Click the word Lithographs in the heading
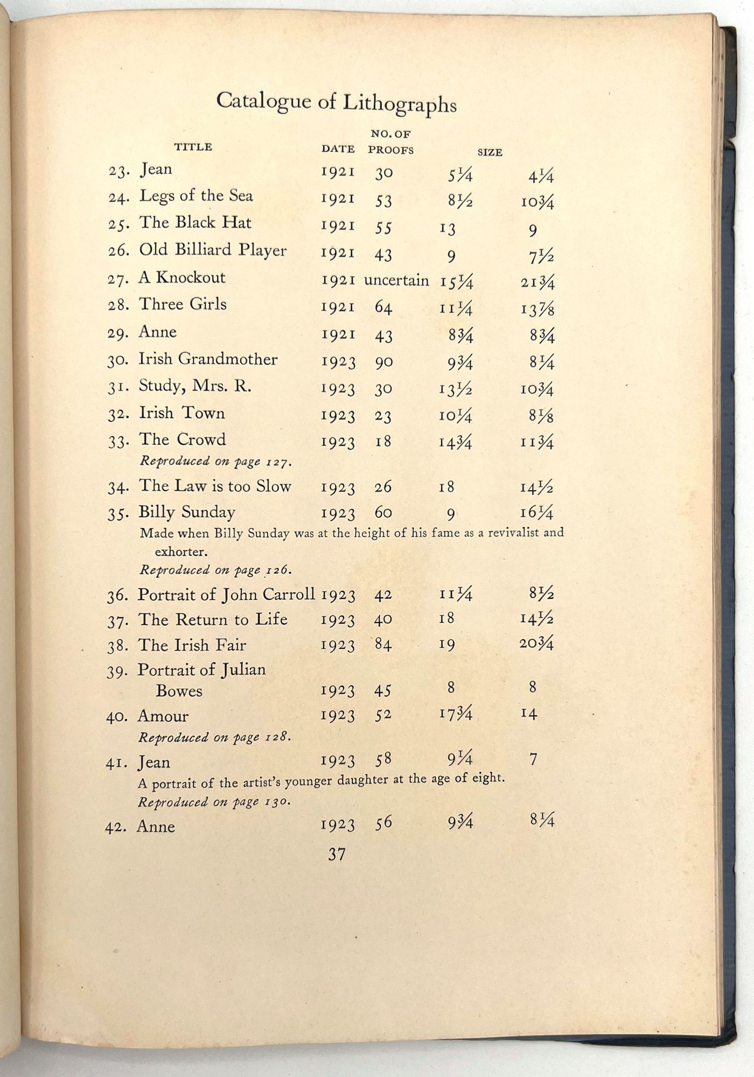pyautogui.click(x=400, y=103)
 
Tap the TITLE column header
pyautogui.click(x=193, y=147)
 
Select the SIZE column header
pyautogui.click(x=490, y=152)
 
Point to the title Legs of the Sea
pyautogui.click(x=196, y=196)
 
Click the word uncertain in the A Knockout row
pyautogui.click(x=396, y=281)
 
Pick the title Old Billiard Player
pyautogui.click(x=213, y=250)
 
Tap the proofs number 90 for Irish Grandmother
pyautogui.click(x=383, y=362)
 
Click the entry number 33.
pyautogui.click(x=117, y=442)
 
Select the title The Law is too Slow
pyautogui.click(x=215, y=486)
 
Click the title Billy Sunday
pyautogui.click(x=186, y=512)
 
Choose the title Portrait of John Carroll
pyautogui.click(x=226, y=595)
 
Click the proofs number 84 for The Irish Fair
pyautogui.click(x=383, y=644)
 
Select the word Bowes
pyautogui.click(x=179, y=691)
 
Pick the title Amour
pyautogui.click(x=163, y=716)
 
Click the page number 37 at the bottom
pyautogui.click(x=337, y=855)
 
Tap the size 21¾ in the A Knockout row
pyautogui.click(x=537, y=283)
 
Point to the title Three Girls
pyautogui.click(x=183, y=304)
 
